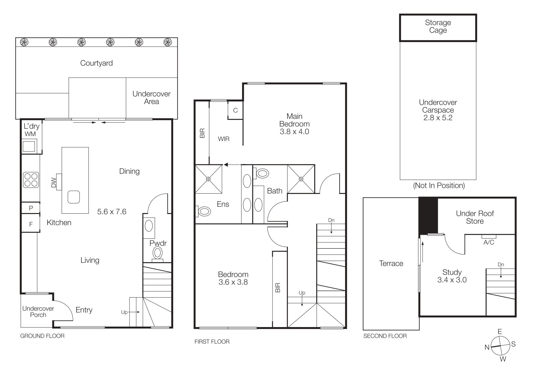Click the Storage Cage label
438,27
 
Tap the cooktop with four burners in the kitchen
31,180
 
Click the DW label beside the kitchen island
54,183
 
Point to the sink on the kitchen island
74,197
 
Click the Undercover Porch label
38,312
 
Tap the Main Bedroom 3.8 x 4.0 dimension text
294,132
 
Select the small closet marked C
235,110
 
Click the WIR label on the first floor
223,139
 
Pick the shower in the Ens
209,179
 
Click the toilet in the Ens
204,211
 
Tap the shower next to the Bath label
301,179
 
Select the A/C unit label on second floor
489,242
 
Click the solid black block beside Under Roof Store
428,216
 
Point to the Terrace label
391,263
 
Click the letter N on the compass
487,347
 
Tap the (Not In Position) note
439,185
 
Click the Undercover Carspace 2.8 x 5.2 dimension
438,118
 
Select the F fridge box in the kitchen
31,224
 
